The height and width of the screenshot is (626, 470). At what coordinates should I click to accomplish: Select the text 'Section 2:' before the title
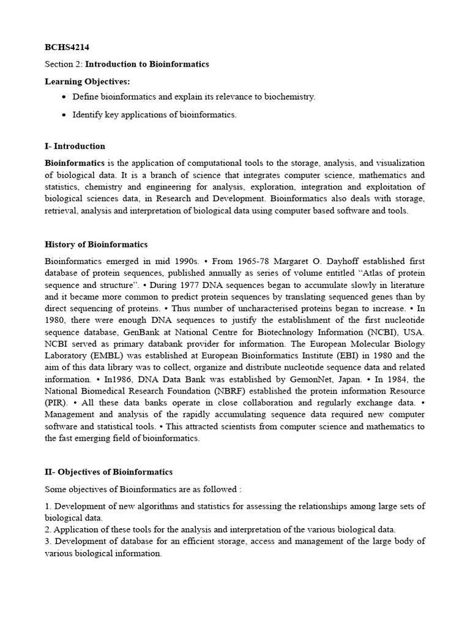click(64, 64)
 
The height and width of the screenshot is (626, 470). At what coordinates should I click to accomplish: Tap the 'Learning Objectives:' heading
click(87, 81)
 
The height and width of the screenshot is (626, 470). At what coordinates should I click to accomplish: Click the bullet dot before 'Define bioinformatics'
click(65, 98)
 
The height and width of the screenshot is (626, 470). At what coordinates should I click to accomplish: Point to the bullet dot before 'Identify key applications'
click(65, 115)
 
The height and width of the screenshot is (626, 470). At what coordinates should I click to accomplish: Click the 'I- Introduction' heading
click(75, 146)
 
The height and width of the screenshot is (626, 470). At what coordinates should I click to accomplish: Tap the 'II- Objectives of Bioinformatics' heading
click(108, 472)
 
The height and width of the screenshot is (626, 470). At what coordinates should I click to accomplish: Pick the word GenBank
click(140, 332)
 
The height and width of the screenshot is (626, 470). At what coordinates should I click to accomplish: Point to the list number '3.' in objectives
click(48, 542)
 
